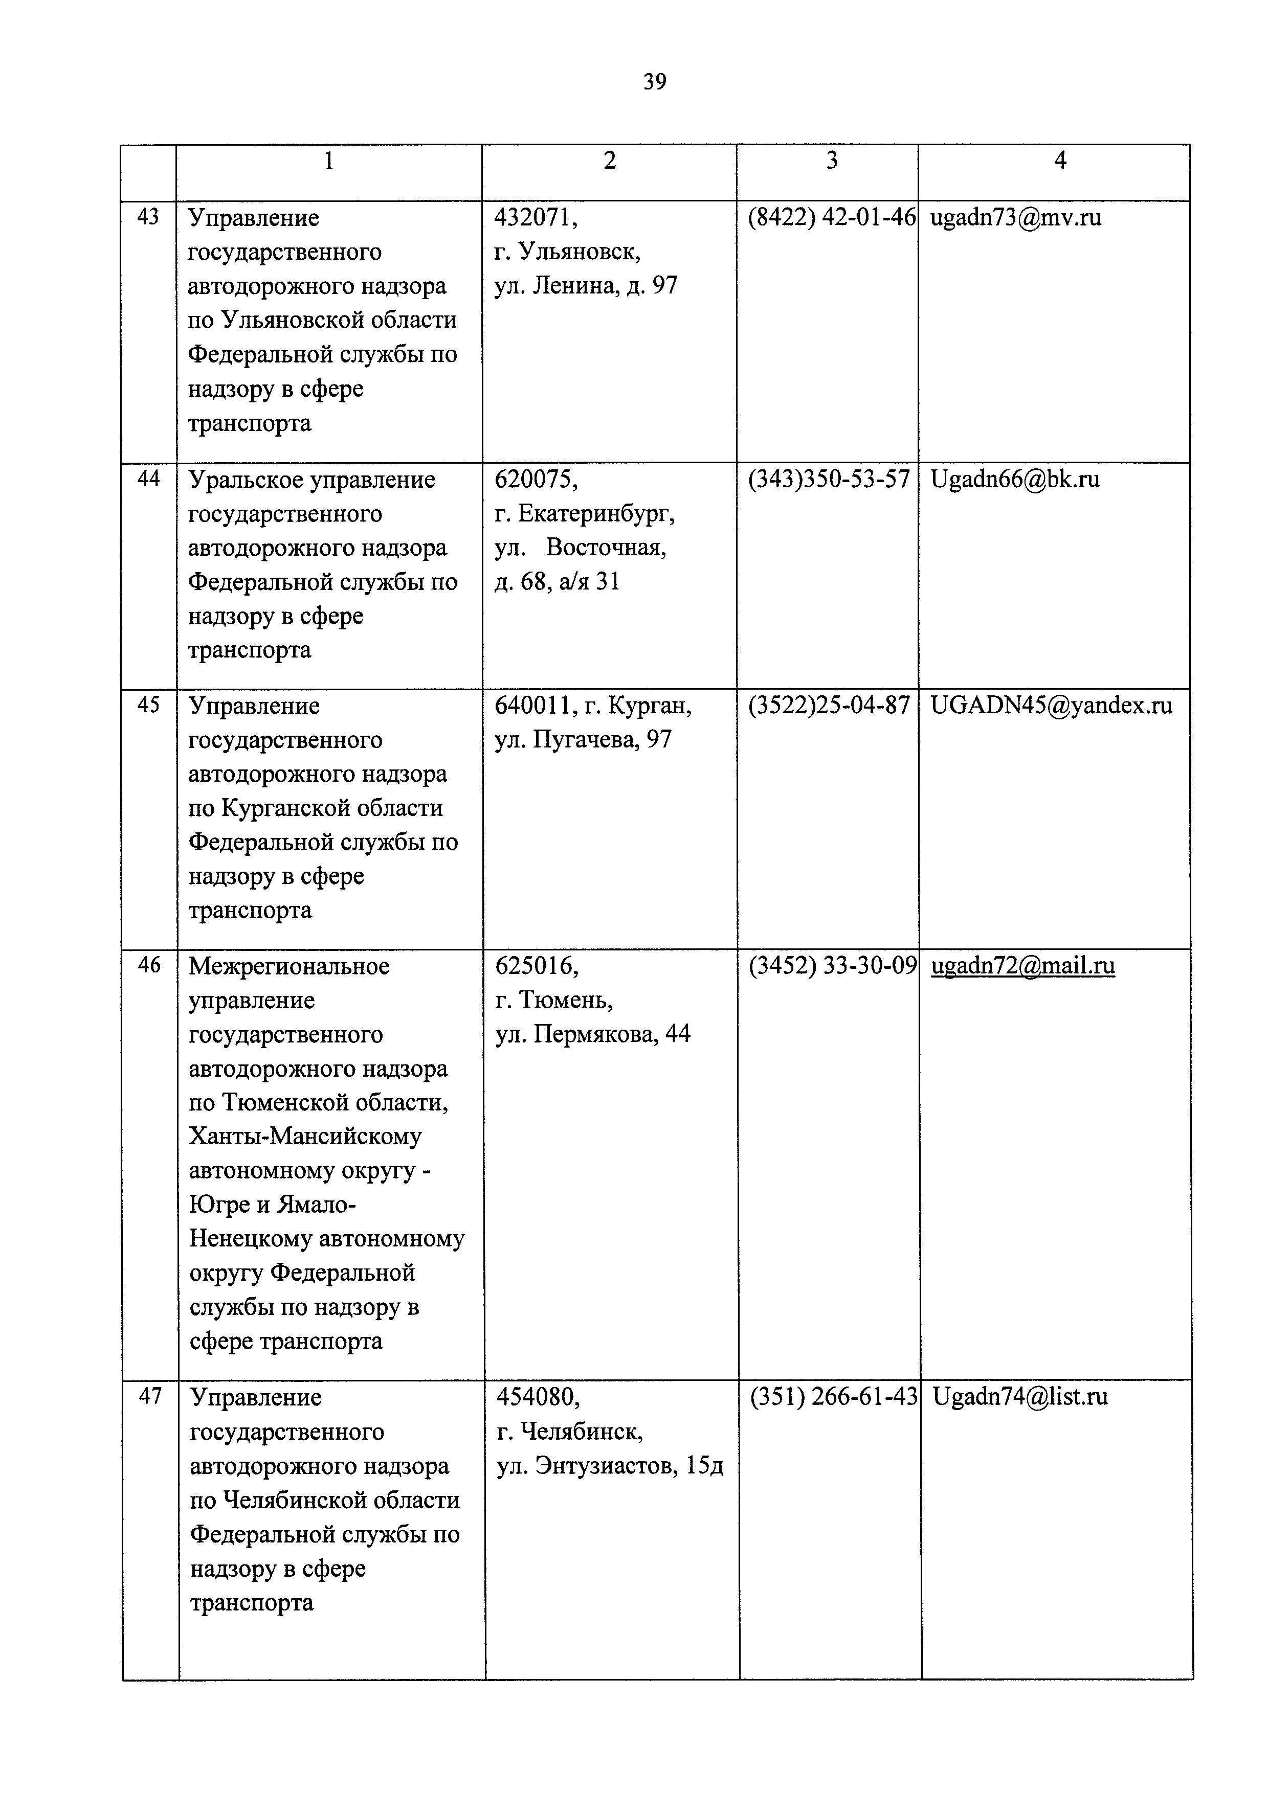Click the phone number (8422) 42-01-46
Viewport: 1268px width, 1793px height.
[831, 217]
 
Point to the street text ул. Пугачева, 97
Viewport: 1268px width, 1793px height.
[583, 739]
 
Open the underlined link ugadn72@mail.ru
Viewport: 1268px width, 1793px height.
[1022, 966]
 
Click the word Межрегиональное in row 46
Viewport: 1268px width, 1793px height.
[289, 966]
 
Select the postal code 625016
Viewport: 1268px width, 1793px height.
[536, 966]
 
